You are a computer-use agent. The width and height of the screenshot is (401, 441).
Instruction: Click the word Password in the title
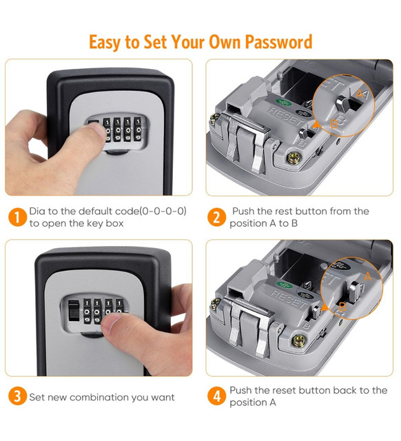pyautogui.click(x=278, y=42)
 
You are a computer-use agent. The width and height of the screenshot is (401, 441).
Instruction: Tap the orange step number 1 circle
pyautogui.click(x=17, y=217)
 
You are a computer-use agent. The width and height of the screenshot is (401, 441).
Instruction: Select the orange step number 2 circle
pyautogui.click(x=216, y=217)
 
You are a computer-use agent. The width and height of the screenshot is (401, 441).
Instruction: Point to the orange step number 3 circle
pyautogui.click(x=17, y=396)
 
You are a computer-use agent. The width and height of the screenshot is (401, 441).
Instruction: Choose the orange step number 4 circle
pyautogui.click(x=216, y=396)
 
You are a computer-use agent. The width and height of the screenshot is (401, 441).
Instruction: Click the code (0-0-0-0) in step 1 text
pyautogui.click(x=163, y=212)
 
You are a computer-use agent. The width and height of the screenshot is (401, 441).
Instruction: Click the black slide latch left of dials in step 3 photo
pyautogui.click(x=74, y=310)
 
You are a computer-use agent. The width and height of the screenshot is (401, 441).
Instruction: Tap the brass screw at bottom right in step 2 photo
pyautogui.click(x=294, y=158)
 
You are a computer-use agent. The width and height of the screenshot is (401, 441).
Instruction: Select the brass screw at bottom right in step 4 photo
pyautogui.click(x=299, y=340)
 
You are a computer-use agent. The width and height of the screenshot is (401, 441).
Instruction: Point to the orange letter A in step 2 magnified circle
pyautogui.click(x=360, y=94)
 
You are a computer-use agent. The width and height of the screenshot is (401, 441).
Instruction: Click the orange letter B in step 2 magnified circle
pyautogui.click(x=333, y=123)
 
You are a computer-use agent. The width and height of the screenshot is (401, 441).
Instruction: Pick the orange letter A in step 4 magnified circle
pyautogui.click(x=368, y=277)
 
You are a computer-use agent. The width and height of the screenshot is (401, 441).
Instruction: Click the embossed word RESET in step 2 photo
pyautogui.click(x=285, y=116)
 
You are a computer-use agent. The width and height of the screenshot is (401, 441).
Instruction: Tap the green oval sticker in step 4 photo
pyautogui.click(x=285, y=285)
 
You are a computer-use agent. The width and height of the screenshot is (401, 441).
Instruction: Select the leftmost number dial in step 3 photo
pyautogui.click(x=88, y=311)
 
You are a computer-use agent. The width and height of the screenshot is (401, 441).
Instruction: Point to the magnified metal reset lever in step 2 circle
pyautogui.click(x=342, y=103)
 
